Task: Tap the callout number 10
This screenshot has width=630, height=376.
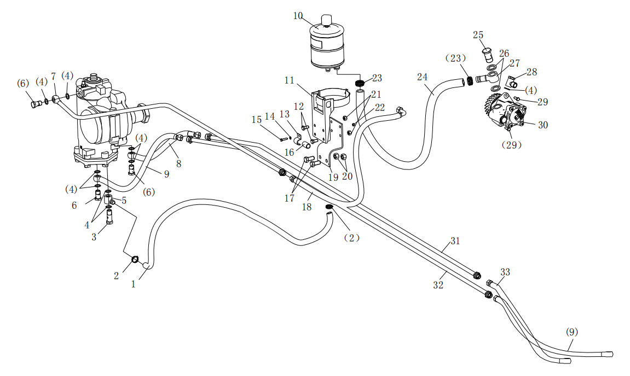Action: pyautogui.click(x=298, y=15)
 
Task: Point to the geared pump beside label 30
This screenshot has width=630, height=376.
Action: pyautogui.click(x=506, y=112)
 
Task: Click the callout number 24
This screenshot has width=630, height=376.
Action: pyautogui.click(x=422, y=77)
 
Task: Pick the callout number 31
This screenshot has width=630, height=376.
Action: pyautogui.click(x=455, y=241)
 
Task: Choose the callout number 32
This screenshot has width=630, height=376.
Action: pyautogui.click(x=438, y=285)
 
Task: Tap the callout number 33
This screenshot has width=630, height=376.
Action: pyautogui.click(x=505, y=272)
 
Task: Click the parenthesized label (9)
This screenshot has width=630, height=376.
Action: pyautogui.click(x=572, y=332)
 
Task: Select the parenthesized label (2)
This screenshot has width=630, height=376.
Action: pyautogui.click(x=351, y=238)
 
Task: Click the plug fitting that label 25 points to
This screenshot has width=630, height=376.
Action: pyautogui.click(x=487, y=54)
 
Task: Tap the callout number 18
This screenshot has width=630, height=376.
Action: pyautogui.click(x=307, y=207)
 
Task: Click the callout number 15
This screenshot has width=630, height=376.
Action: pyautogui.click(x=257, y=120)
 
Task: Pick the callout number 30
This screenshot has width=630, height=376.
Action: pyautogui.click(x=542, y=125)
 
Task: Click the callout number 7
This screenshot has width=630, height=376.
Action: pyautogui.click(x=53, y=76)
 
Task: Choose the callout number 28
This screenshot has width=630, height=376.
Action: pyautogui.click(x=531, y=72)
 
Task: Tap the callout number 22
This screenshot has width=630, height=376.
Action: pyautogui.click(x=380, y=107)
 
